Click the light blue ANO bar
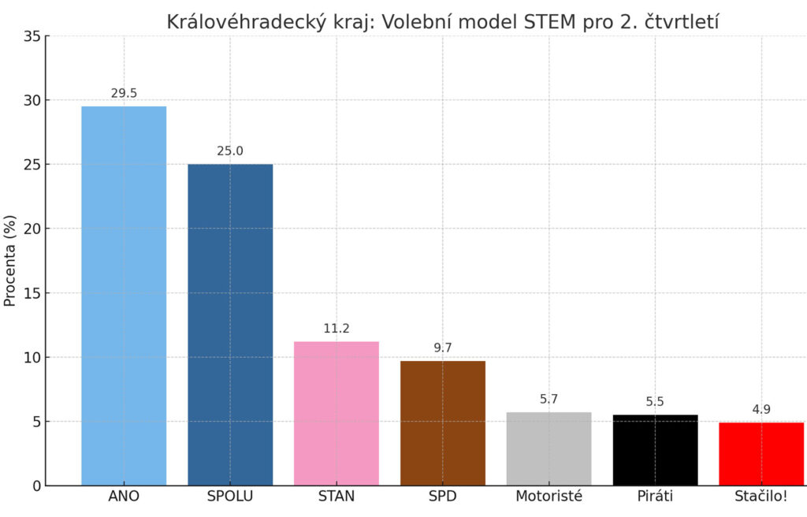(x=124, y=296)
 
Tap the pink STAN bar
(x=337, y=413)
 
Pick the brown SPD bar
(x=443, y=423)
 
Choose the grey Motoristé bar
(x=549, y=448)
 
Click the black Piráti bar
(x=655, y=450)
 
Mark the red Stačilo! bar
(x=761, y=454)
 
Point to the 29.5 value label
(x=124, y=93)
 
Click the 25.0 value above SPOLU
(x=230, y=151)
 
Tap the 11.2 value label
(x=337, y=329)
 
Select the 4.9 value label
(x=761, y=409)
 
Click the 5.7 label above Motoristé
(x=549, y=399)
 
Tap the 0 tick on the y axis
(x=36, y=485)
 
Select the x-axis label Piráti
(x=655, y=497)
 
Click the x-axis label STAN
(x=337, y=497)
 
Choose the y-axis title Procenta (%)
(x=10, y=260)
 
